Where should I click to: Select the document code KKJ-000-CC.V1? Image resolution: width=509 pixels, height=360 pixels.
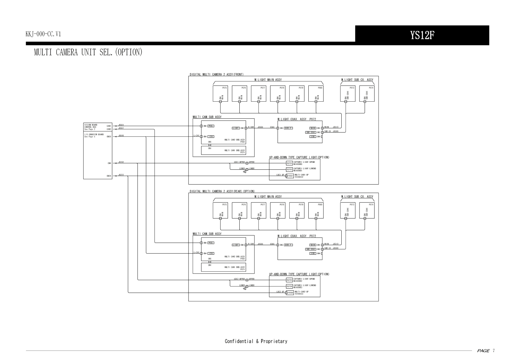pos(43,34)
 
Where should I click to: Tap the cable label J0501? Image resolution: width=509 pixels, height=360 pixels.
pos(121,125)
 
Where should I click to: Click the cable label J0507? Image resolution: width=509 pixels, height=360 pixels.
pos(121,128)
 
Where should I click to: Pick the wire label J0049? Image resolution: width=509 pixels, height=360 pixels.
pos(121,136)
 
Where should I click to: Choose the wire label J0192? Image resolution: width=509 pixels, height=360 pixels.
pos(121,162)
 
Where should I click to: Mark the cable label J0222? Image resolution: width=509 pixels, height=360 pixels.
pos(121,175)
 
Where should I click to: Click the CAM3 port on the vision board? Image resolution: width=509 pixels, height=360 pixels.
pos(109,129)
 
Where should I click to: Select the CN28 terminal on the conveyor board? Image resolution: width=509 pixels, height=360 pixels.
pos(109,136)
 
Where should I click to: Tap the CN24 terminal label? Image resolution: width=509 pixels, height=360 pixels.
pos(109,176)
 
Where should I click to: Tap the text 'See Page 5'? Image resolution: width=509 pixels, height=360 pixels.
pos(90,137)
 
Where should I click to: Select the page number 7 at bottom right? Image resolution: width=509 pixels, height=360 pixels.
pos(494,351)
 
